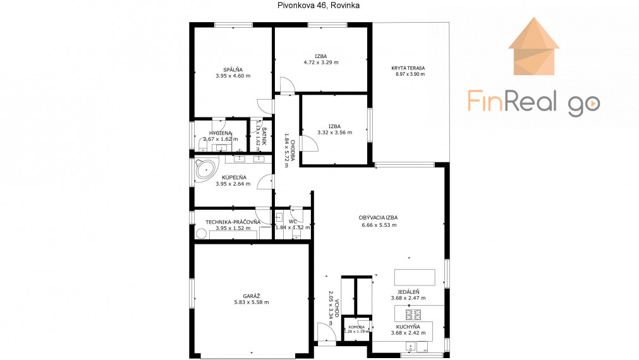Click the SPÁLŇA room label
click(x=233, y=69)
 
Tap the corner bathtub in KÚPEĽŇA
click(x=205, y=169)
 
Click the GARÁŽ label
click(x=251, y=296)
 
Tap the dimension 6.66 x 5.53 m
click(x=379, y=225)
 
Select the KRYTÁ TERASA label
click(x=408, y=68)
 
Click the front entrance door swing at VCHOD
click(x=326, y=332)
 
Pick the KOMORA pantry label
click(x=356, y=327)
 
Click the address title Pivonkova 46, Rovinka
click(x=319, y=5)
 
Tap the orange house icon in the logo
click(x=533, y=47)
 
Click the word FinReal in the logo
click(x=513, y=101)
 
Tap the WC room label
click(x=293, y=222)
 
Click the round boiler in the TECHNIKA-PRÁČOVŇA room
click(x=202, y=233)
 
